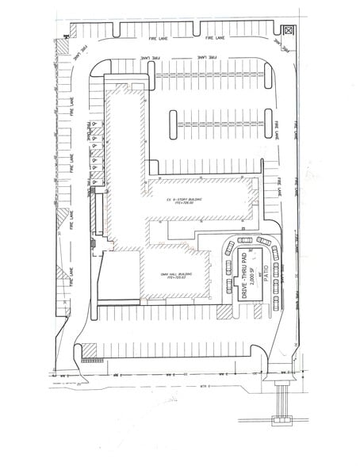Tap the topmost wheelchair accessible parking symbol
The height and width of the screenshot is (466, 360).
[x=94, y=125]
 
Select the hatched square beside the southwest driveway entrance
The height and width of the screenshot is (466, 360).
[x=88, y=349]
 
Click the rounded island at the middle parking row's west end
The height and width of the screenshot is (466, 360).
[x=172, y=120]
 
